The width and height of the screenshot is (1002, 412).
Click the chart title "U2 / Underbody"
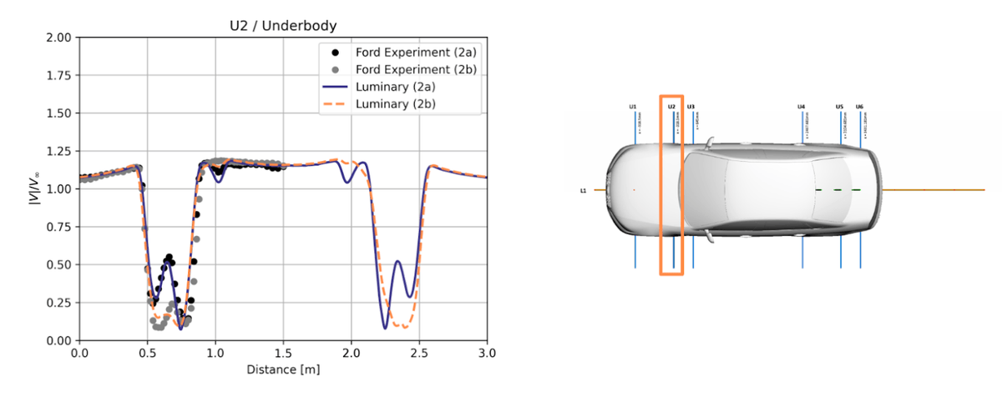coord(283,24)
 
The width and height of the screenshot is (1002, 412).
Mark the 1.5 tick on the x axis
coord(283,353)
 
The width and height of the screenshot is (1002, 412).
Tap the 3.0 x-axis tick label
coord(487,353)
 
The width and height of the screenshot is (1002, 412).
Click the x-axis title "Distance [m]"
coord(283,368)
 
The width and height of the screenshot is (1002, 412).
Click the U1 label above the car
coord(633,107)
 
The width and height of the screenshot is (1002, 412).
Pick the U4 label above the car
coord(802,107)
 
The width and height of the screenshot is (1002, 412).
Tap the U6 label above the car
coord(859,107)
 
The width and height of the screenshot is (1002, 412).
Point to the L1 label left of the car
coord(584,191)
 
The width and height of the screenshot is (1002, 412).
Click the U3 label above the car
coord(691,107)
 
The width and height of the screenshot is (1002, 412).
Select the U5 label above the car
coord(839,107)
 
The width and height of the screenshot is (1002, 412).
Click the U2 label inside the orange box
coord(671,107)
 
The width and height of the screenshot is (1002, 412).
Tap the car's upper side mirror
coord(709,144)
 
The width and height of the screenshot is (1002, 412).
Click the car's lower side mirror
coord(709,237)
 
